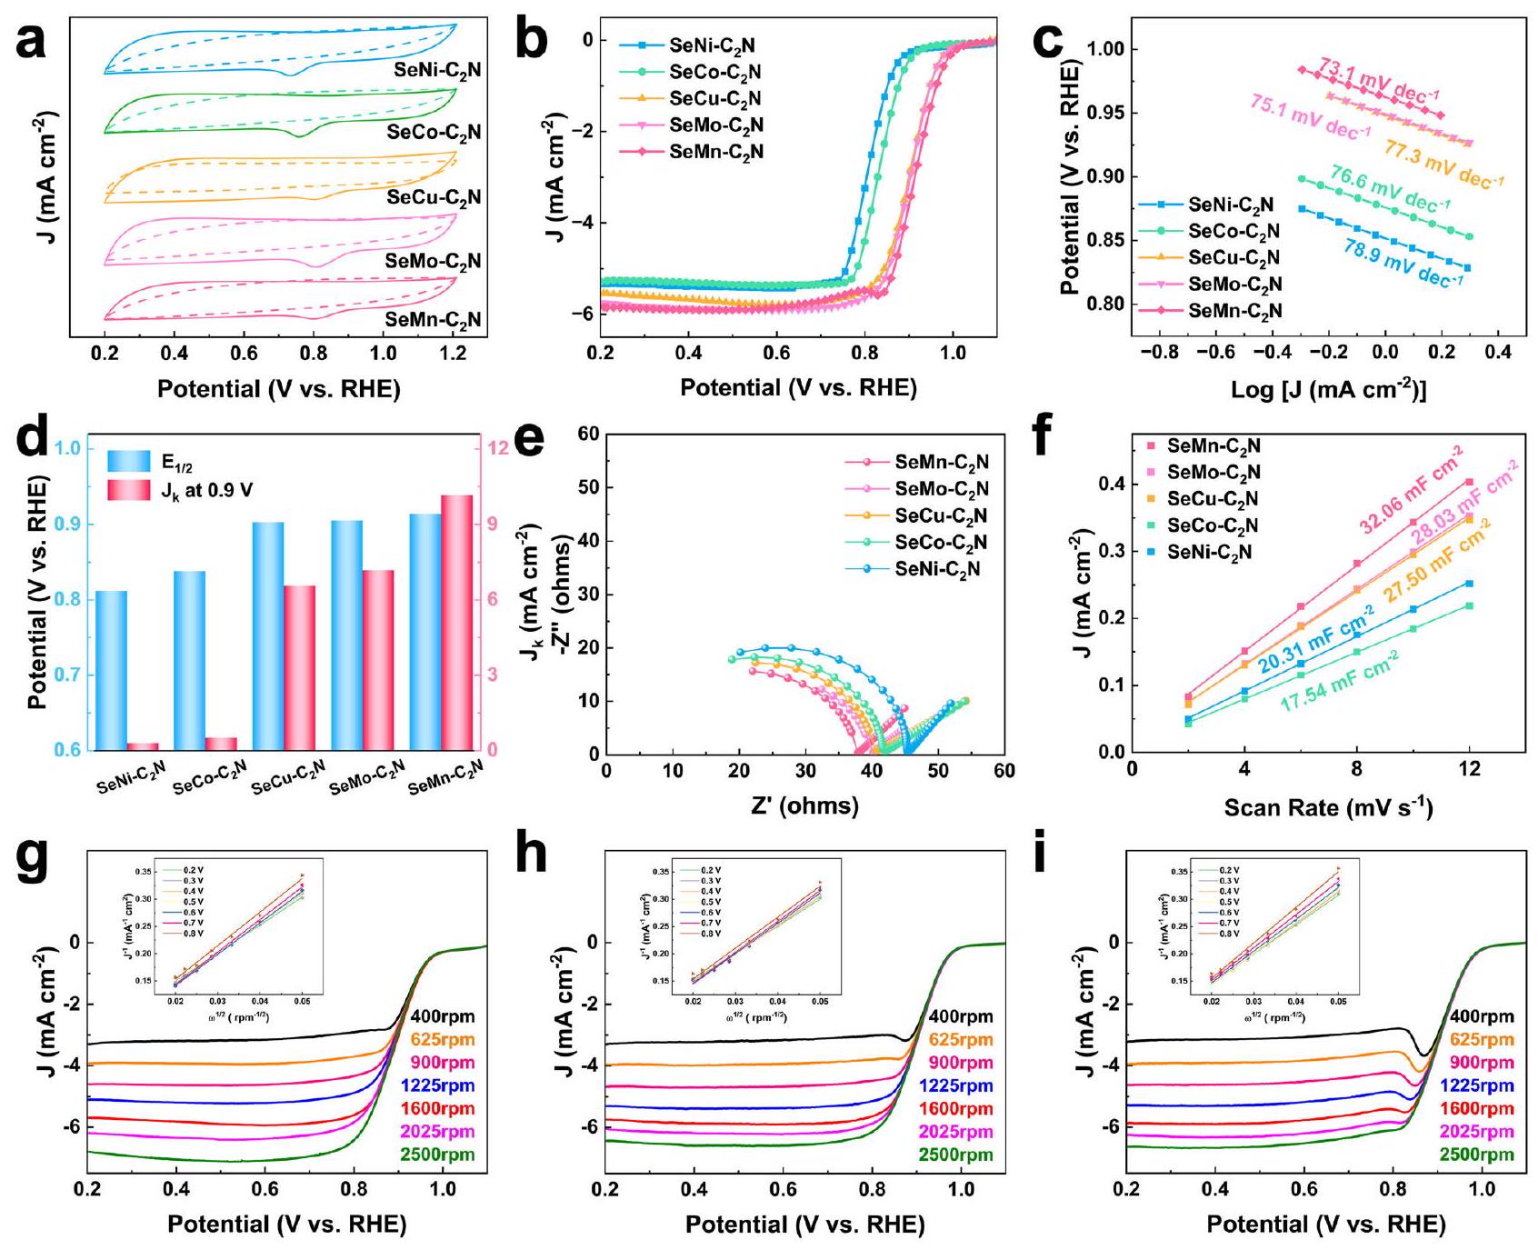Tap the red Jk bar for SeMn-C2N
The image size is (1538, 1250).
click(x=456, y=622)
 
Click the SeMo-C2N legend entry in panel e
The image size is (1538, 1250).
click(x=942, y=489)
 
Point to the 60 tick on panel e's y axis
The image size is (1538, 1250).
click(x=588, y=434)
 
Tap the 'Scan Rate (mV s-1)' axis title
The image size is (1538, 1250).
click(x=1327, y=807)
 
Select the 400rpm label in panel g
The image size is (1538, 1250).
click(x=442, y=1016)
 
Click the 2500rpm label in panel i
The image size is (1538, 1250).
click(x=1482, y=1155)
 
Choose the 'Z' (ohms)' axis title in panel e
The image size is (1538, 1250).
click(x=804, y=805)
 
